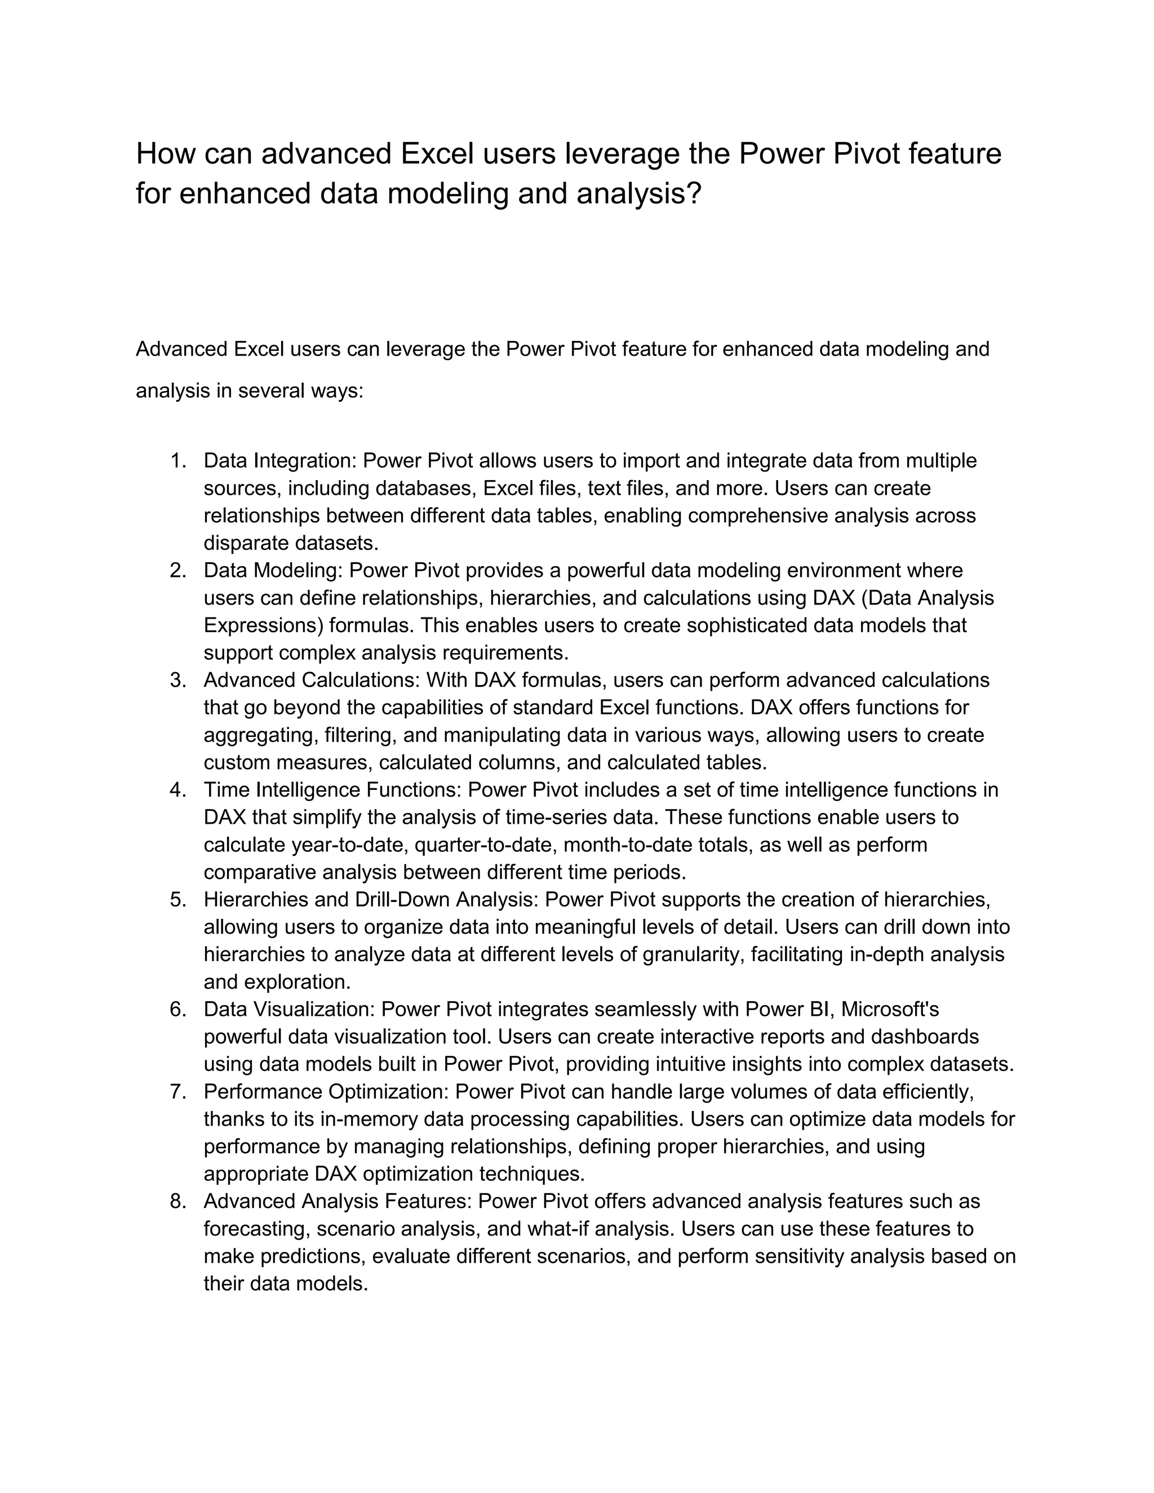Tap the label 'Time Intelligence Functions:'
tap(332, 790)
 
